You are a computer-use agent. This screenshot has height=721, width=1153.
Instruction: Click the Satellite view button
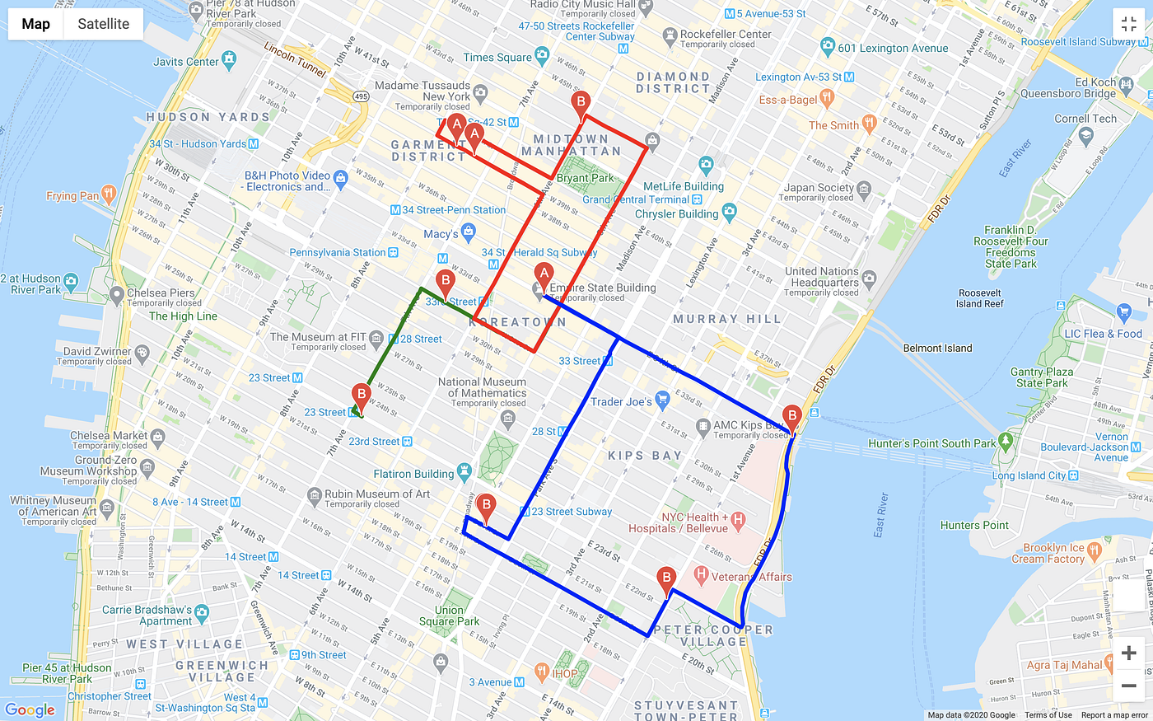click(103, 24)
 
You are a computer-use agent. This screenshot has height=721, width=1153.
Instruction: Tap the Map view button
click(35, 24)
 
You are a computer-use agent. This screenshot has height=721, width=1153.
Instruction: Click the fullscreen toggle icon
click(1128, 24)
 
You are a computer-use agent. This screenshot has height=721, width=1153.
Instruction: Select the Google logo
click(30, 710)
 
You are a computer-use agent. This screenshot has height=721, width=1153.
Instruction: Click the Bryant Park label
click(585, 178)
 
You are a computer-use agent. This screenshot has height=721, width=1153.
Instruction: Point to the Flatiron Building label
click(413, 474)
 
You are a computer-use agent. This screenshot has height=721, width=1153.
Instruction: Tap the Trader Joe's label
click(621, 402)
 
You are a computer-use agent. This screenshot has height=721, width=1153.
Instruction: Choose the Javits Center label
click(186, 62)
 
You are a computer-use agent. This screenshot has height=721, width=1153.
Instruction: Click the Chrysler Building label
click(676, 214)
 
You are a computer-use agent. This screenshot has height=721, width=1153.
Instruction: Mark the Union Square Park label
click(449, 616)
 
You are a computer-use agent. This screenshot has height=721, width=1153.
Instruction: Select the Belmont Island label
click(937, 348)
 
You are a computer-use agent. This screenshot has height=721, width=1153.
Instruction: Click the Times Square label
click(497, 58)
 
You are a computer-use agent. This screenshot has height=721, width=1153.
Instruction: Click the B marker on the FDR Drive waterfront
click(791, 418)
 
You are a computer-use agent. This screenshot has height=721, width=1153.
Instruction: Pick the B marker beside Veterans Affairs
click(666, 579)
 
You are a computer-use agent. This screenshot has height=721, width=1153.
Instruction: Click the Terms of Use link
click(1048, 715)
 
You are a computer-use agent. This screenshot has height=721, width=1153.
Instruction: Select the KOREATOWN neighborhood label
click(518, 322)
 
